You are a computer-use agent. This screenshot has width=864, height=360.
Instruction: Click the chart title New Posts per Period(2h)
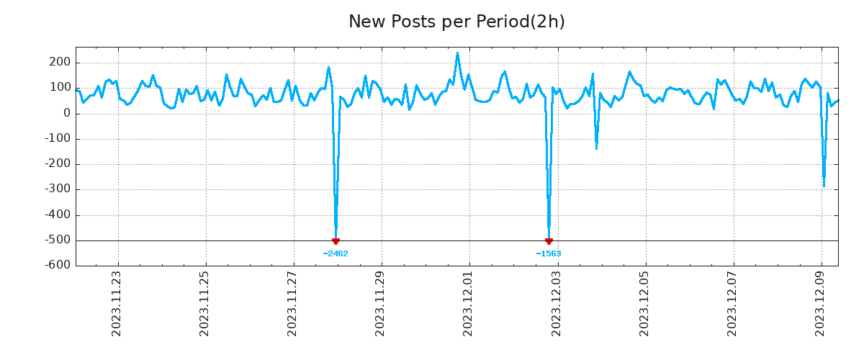pos(456,22)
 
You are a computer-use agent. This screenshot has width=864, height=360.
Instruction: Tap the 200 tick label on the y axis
pos(60,63)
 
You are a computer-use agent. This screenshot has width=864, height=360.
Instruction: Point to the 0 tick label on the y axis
pos(67,113)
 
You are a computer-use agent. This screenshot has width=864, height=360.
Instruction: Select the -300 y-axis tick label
pos(58,189)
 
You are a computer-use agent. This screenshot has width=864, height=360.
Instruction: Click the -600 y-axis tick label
pos(58,266)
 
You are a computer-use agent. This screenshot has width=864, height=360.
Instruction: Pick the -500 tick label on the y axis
pos(58,240)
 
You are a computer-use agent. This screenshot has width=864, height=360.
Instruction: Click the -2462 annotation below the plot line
pos(336,253)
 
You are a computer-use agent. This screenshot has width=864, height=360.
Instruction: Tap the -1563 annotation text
pos(549,253)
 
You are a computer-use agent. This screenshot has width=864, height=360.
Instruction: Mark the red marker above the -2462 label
pos(336,241)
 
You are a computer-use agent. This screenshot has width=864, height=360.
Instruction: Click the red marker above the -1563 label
pos(549,241)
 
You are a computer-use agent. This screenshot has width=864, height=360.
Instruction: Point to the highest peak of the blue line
pos(457,53)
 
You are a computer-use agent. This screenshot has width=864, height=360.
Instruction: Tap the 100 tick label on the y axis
pos(60,88)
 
